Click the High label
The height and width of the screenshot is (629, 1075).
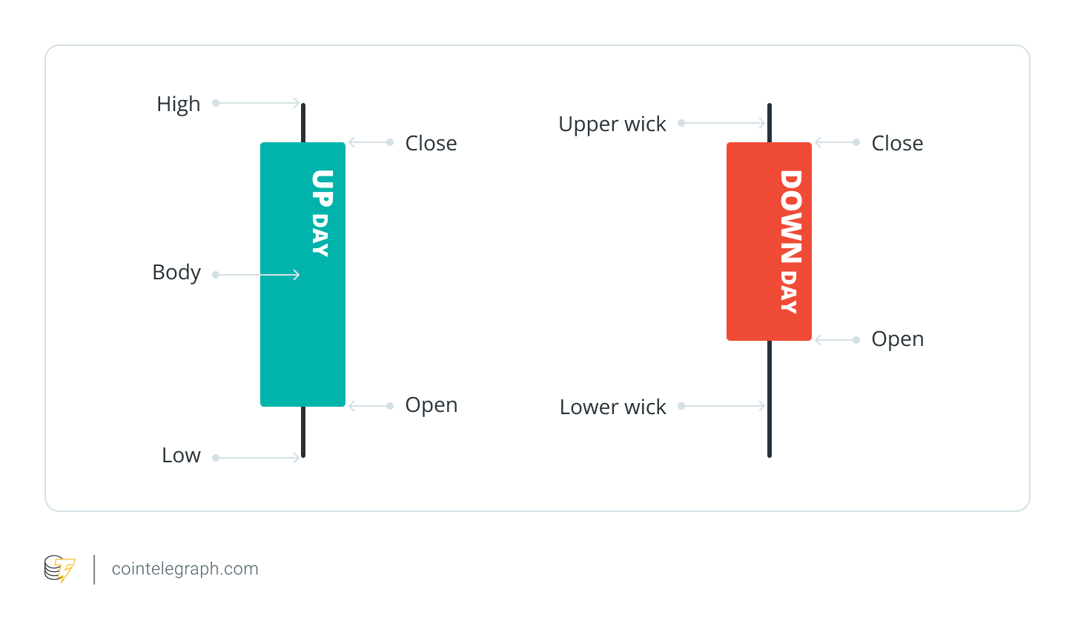click(x=178, y=104)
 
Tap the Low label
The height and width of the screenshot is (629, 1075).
click(x=181, y=456)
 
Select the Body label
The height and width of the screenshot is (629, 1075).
click(x=176, y=273)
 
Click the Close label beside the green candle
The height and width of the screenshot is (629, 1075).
click(x=431, y=144)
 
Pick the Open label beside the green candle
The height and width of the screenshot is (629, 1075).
click(x=431, y=405)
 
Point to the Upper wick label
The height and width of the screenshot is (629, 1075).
click(x=612, y=124)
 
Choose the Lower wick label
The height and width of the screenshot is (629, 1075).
click(x=612, y=407)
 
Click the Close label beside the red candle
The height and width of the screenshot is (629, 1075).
click(x=897, y=144)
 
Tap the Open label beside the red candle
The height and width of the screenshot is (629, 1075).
click(x=897, y=339)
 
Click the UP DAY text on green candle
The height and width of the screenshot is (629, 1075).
click(x=321, y=213)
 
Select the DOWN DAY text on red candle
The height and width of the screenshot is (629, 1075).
click(x=790, y=242)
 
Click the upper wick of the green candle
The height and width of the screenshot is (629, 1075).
click(x=303, y=123)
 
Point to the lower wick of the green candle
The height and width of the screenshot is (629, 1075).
click(x=303, y=432)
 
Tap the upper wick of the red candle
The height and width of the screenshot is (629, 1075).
click(x=770, y=123)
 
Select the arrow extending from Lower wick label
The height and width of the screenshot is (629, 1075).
click(x=723, y=406)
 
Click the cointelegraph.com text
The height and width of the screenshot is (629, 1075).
click(x=185, y=569)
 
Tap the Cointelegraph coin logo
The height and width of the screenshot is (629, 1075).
click(x=59, y=569)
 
